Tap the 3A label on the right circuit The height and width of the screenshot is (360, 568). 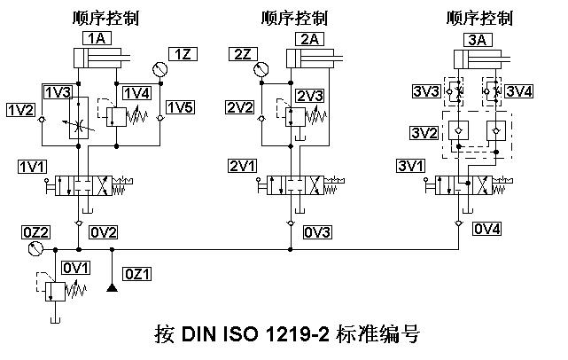click(475, 38)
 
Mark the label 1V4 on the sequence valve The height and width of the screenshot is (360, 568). click(137, 93)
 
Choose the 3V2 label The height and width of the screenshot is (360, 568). click(424, 132)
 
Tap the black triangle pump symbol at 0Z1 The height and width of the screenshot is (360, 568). click(112, 286)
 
